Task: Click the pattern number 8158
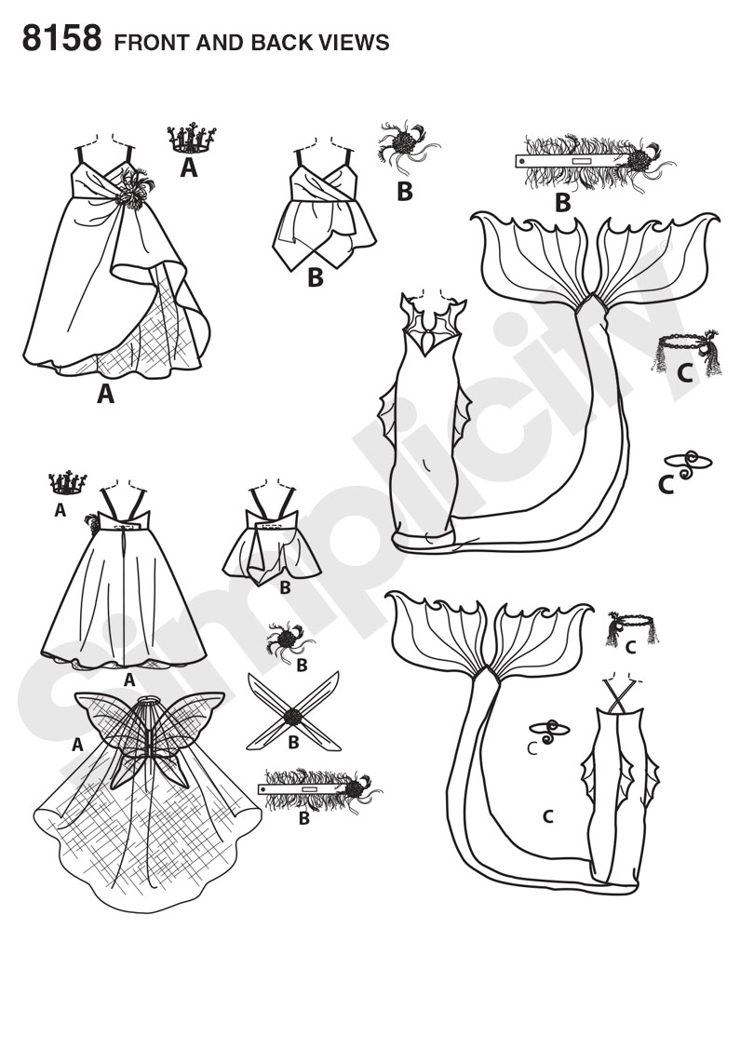tap(61, 38)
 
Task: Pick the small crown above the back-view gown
tap(68, 483)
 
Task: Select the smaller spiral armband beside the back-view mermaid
tap(549, 731)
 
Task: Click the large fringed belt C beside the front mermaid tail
tap(683, 352)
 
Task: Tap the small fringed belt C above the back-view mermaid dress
tap(632, 627)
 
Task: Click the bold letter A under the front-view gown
tap(105, 394)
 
